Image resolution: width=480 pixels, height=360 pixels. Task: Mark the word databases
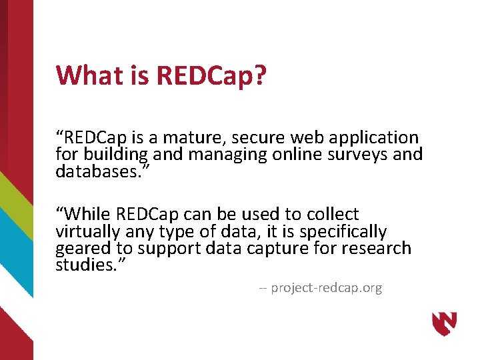[x=97, y=171]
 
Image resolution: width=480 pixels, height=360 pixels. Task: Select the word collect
[x=333, y=215]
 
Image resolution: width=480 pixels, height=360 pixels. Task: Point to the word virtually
[x=87, y=231]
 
